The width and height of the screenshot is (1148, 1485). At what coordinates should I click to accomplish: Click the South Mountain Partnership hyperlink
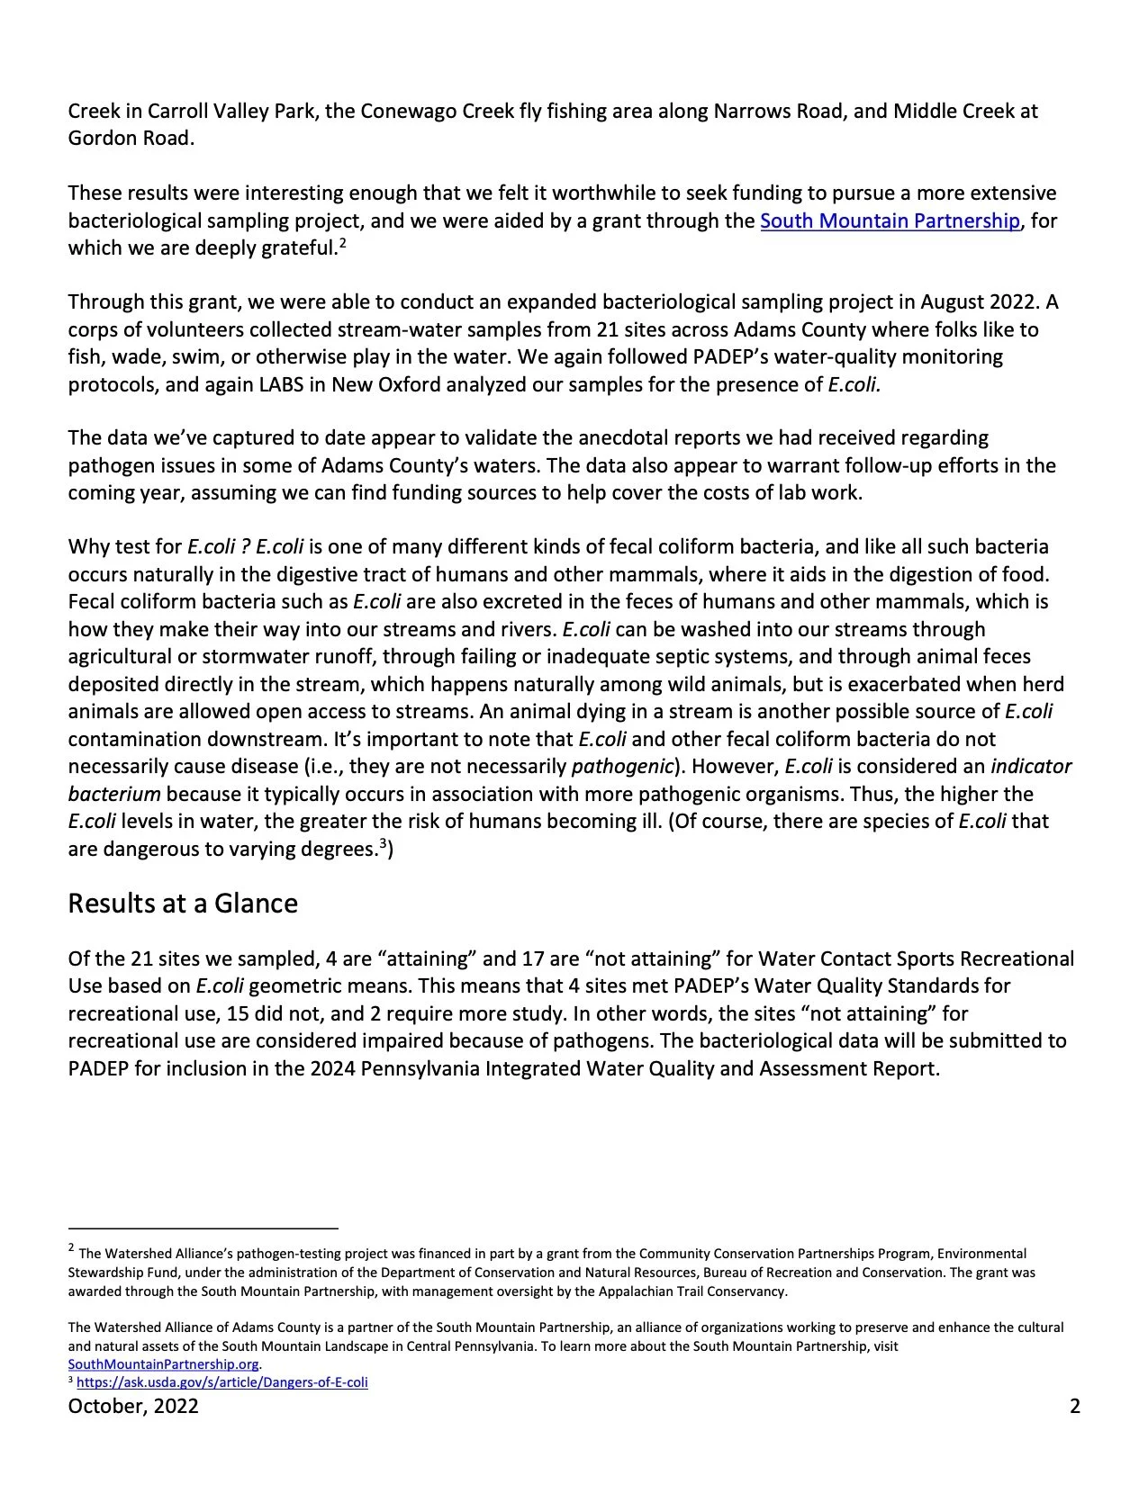tap(890, 220)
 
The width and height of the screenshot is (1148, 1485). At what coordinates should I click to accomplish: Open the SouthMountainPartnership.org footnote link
tap(163, 1364)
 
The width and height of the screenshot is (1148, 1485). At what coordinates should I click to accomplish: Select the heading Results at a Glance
tap(183, 904)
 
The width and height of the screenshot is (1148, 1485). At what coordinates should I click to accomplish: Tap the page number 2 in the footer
tap(1075, 1406)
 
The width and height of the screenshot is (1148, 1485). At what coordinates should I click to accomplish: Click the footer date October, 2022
tap(133, 1406)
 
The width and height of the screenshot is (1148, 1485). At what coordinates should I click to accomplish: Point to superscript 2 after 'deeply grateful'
tap(343, 242)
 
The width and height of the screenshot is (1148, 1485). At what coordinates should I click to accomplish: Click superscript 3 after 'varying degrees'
tap(382, 843)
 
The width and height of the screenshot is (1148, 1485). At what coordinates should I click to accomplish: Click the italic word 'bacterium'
tap(114, 794)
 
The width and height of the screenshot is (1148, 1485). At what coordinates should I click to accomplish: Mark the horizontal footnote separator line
tap(203, 1228)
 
